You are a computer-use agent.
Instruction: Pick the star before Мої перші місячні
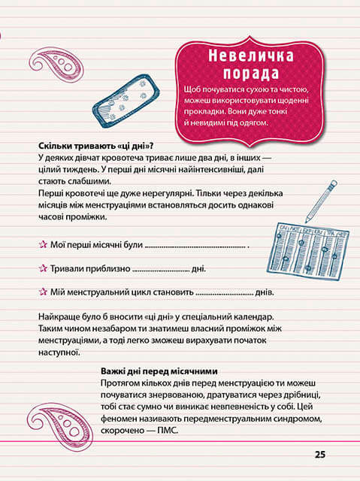pyautogui.click(x=42, y=244)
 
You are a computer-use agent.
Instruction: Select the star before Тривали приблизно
pyautogui.click(x=42, y=268)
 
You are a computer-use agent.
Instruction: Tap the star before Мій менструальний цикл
pyautogui.click(x=42, y=292)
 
